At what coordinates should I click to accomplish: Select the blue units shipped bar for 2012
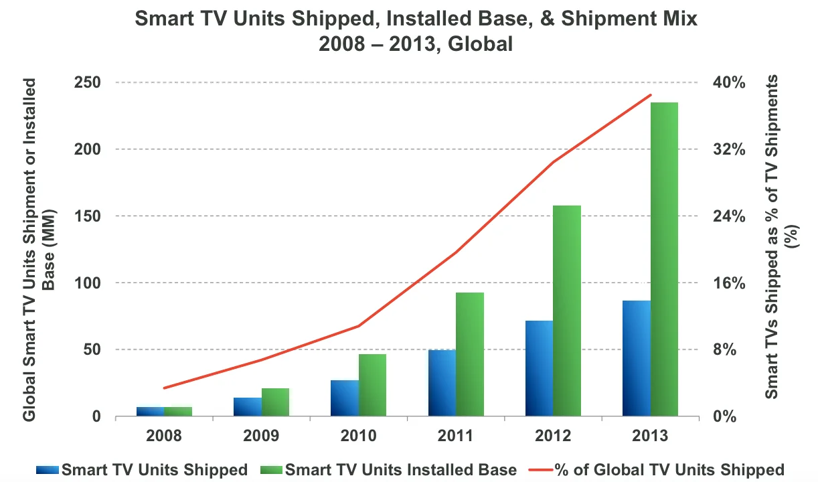pyautogui.click(x=539, y=368)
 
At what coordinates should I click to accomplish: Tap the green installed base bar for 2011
pyautogui.click(x=470, y=354)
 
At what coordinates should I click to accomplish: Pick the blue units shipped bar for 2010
pyautogui.click(x=345, y=398)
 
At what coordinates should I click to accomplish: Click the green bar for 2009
pyautogui.click(x=275, y=402)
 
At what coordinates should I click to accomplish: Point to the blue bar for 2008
pyautogui.click(x=151, y=411)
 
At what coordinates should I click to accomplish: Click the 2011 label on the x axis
pyautogui.click(x=456, y=436)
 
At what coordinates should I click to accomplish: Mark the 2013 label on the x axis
pyautogui.click(x=650, y=436)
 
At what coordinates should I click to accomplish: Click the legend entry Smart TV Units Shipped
pyautogui.click(x=154, y=469)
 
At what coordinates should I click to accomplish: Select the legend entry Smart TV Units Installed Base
pyautogui.click(x=400, y=469)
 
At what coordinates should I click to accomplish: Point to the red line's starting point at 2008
pyautogui.click(x=164, y=388)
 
